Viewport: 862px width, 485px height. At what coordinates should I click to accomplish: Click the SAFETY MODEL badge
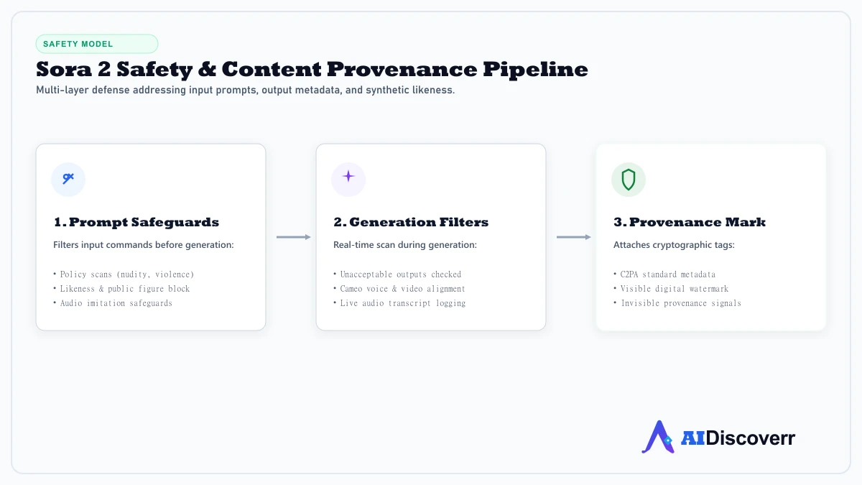(x=97, y=44)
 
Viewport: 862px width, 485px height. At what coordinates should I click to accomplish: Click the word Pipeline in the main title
(x=535, y=70)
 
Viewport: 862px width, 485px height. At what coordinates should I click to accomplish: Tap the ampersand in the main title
(x=207, y=69)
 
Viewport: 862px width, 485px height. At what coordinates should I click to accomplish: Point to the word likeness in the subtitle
(x=433, y=90)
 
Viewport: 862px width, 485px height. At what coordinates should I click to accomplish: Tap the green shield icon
(x=629, y=180)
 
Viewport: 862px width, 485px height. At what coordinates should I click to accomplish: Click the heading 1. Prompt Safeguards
(x=136, y=222)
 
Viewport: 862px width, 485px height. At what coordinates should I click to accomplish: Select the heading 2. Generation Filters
(x=411, y=222)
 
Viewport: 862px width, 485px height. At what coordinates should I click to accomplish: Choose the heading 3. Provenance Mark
(x=690, y=222)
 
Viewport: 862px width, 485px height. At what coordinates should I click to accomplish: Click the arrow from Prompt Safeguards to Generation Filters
(x=294, y=237)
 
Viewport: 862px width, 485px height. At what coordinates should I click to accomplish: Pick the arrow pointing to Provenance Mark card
(x=574, y=237)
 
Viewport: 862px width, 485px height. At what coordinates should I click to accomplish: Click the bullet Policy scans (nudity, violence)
(x=124, y=274)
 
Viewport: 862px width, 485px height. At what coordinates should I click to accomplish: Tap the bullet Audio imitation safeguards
(x=113, y=303)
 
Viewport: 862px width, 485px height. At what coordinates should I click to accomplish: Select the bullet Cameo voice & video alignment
(x=399, y=289)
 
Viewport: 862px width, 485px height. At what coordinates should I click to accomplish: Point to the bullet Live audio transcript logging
(x=399, y=303)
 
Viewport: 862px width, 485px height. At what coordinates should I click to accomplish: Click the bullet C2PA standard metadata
(x=664, y=274)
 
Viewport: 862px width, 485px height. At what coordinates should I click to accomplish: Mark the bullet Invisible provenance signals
(x=677, y=303)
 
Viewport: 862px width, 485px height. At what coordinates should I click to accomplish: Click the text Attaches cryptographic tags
(x=674, y=245)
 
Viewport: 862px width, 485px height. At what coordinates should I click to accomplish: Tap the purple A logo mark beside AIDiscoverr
(x=659, y=438)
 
